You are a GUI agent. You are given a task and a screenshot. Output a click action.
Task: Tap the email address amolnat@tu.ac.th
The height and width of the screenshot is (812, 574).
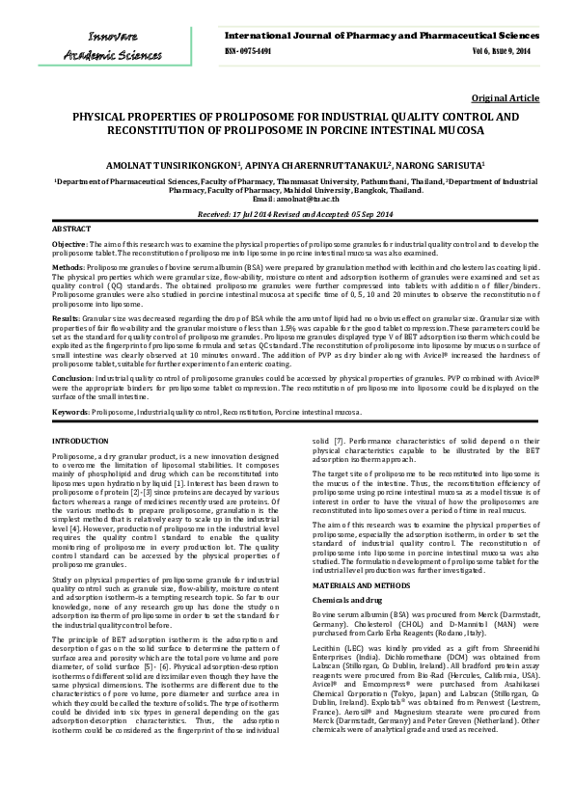(x=307, y=198)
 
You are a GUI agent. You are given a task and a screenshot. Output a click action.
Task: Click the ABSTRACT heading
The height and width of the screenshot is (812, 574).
(x=71, y=229)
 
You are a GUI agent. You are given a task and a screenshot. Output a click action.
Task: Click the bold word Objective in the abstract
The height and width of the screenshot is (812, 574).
(x=69, y=246)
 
